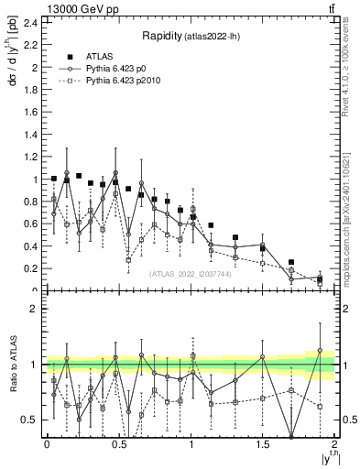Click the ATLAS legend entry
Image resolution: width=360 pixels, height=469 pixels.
[x=98, y=57]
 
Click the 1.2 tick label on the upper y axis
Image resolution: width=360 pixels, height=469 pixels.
[x=29, y=157]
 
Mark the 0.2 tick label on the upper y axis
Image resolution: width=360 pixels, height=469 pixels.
[x=29, y=269]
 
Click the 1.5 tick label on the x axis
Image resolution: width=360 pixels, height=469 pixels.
[x=263, y=443]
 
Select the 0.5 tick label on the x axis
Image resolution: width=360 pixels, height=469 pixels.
[x=119, y=443]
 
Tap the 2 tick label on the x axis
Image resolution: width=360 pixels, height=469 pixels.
[x=335, y=443]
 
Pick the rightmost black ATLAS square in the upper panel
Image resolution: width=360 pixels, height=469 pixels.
[x=320, y=278]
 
